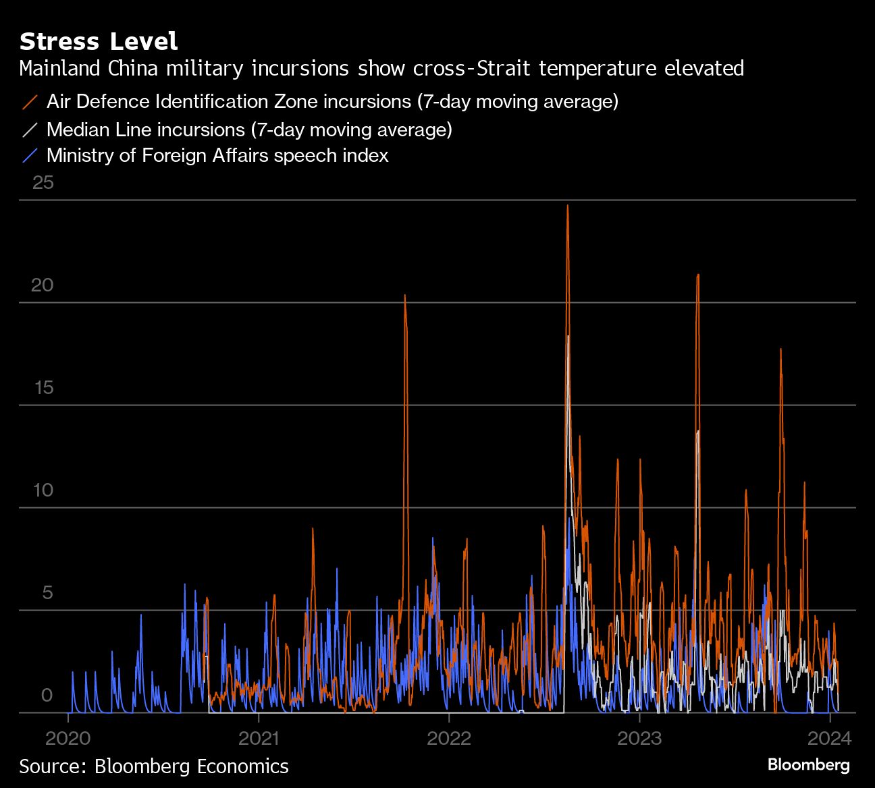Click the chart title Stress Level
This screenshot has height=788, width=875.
tap(99, 42)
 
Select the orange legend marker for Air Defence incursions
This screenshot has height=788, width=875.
tap(30, 102)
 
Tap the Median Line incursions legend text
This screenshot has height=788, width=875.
tap(249, 129)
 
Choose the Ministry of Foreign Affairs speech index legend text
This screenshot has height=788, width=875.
tap(217, 156)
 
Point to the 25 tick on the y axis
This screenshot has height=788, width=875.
tap(43, 182)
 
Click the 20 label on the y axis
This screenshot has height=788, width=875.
tap(43, 285)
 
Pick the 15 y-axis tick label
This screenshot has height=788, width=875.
tap(43, 387)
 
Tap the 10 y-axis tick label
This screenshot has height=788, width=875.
tap(43, 490)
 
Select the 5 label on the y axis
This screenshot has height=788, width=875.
tap(47, 592)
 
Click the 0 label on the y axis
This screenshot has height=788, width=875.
tap(47, 695)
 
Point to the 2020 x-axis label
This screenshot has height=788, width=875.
tap(68, 737)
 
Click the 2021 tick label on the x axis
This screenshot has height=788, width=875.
tap(259, 737)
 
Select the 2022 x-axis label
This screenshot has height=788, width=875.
tap(449, 737)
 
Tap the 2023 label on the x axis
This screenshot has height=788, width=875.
tap(639, 737)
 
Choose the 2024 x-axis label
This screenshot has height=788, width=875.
tap(830, 737)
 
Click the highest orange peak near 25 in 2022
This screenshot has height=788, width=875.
tap(567, 206)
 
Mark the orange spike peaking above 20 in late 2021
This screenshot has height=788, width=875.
tap(405, 296)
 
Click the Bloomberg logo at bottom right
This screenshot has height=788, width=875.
tap(809, 765)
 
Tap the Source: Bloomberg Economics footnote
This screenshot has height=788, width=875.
tap(154, 766)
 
